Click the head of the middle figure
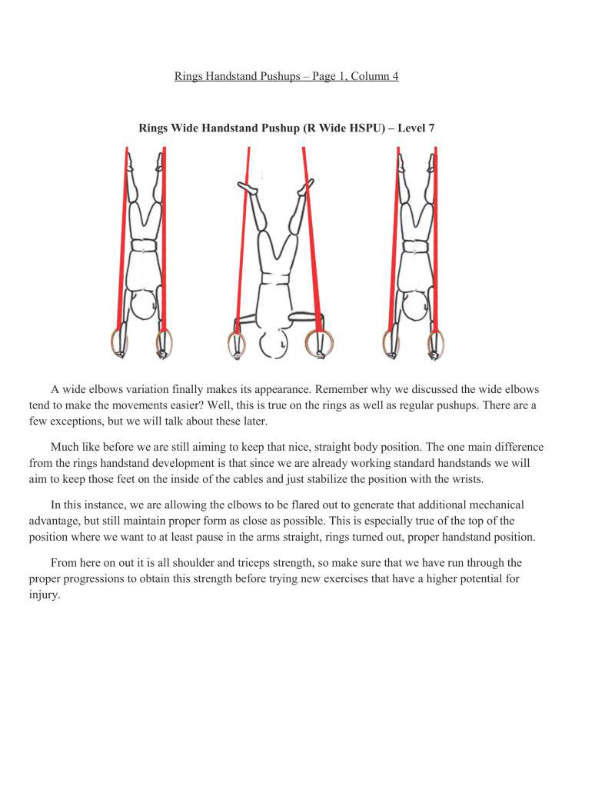273,343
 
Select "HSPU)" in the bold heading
367,128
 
